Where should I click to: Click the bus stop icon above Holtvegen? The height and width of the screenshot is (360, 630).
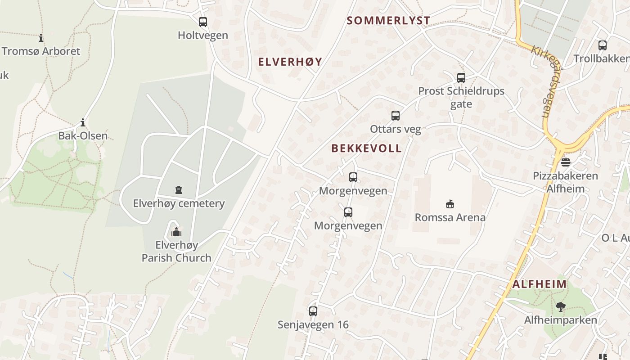pos(203,22)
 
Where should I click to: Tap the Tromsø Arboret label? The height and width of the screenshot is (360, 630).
pos(41,51)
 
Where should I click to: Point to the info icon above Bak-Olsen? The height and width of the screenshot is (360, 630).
pos(83,122)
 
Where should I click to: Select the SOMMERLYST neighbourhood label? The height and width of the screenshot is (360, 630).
pos(389,20)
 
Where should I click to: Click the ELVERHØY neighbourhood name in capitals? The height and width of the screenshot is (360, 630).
pos(290,62)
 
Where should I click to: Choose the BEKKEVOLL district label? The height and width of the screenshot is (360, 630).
pos(366,148)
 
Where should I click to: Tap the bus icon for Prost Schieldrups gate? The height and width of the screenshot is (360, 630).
pos(461,77)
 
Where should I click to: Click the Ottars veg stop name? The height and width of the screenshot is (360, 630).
pos(396,129)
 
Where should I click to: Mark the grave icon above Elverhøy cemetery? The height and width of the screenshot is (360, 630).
pos(179,190)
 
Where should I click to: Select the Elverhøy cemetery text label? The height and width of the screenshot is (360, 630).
pos(179,203)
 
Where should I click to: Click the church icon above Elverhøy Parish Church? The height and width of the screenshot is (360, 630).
pos(176,232)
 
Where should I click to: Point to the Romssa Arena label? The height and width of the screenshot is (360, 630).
pos(450,217)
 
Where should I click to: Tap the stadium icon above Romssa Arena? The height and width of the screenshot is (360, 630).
pos(450,204)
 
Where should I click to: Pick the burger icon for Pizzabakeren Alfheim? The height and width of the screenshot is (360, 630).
pos(566,162)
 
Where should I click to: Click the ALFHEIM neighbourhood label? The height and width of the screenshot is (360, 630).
pos(540,284)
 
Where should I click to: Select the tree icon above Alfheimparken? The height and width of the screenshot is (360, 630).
pos(560,307)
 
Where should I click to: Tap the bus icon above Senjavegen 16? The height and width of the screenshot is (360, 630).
pos(313,311)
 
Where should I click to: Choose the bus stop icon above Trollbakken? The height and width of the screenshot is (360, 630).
pos(603,45)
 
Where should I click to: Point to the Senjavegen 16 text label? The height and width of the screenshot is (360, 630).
pos(313,324)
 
